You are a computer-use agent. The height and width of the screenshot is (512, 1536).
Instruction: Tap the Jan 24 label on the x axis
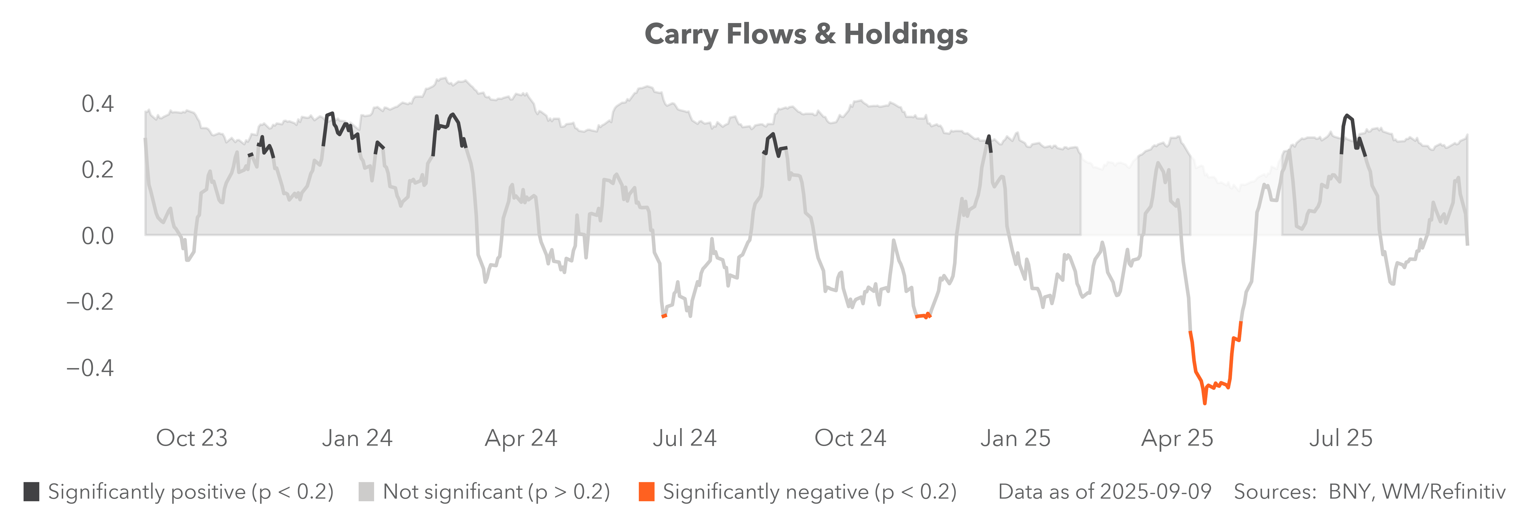tap(357, 438)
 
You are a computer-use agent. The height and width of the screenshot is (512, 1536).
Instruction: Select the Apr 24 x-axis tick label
tap(521, 438)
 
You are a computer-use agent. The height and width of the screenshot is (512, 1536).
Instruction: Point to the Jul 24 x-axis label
tap(685, 438)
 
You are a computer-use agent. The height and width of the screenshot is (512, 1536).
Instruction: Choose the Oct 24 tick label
tap(850, 438)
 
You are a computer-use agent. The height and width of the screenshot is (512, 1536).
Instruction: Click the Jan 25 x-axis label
tap(1015, 438)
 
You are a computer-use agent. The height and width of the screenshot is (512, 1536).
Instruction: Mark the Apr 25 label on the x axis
tap(1178, 438)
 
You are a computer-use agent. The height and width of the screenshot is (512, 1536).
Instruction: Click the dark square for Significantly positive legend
tap(32, 492)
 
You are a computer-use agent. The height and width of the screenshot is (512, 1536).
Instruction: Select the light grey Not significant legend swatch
tap(366, 492)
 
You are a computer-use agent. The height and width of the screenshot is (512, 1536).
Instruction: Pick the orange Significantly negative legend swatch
tap(646, 492)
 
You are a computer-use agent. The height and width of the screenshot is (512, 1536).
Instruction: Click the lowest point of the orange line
tap(1204, 404)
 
